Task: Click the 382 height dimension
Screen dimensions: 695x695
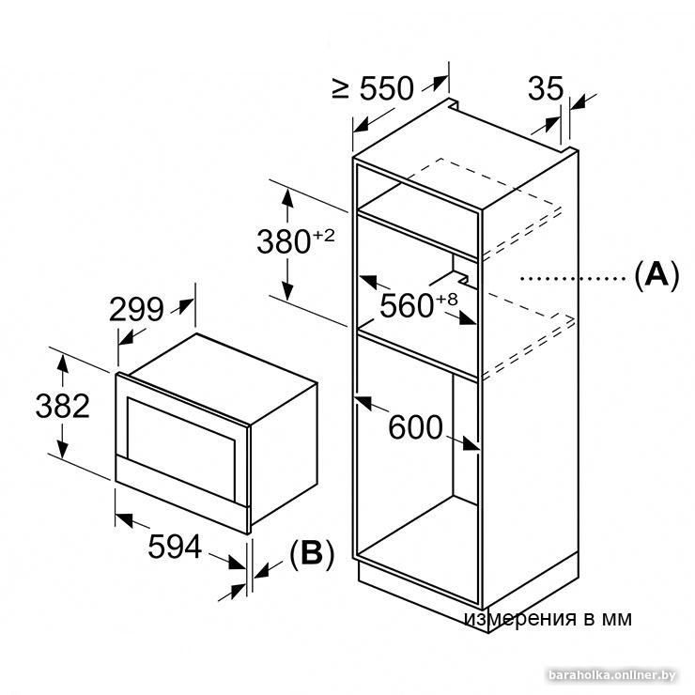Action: tap(63, 406)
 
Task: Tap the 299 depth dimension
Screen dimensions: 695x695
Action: tap(136, 309)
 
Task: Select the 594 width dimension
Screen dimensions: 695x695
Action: tap(175, 547)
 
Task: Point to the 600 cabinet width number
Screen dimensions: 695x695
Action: tap(415, 427)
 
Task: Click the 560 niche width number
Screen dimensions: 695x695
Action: tap(407, 306)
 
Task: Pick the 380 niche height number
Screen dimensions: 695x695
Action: tap(284, 241)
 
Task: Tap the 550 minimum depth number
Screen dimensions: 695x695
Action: tap(386, 88)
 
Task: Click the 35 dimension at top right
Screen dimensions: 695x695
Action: tap(546, 88)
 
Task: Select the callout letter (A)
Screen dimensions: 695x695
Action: tap(656, 276)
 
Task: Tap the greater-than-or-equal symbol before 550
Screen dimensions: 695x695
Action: tap(341, 88)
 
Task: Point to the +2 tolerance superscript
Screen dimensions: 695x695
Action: tap(324, 236)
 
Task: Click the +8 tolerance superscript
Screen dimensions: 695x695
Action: tap(447, 300)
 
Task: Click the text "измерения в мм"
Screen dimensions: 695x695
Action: tap(548, 618)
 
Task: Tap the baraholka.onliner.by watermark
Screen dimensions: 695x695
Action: tap(612, 675)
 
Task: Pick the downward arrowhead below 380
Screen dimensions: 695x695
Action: tap(287, 290)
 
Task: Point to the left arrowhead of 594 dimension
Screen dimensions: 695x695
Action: tap(125, 519)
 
